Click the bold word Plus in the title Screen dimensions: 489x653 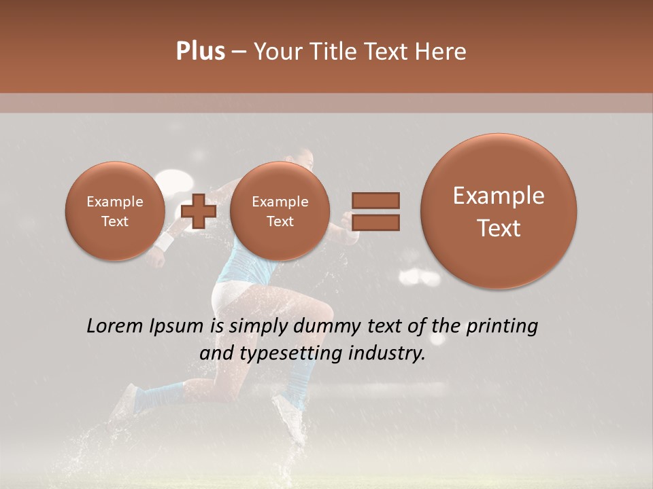(200, 52)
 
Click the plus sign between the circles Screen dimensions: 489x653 (198, 211)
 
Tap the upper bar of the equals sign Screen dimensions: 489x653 (375, 200)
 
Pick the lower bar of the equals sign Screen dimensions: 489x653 (375, 222)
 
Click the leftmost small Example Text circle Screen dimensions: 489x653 (114, 211)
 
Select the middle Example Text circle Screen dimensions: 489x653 (280, 211)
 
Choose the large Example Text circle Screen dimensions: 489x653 (499, 211)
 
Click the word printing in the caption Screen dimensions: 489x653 (501, 327)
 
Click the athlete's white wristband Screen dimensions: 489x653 (165, 241)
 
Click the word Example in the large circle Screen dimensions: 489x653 (499, 196)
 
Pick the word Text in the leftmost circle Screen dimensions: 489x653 (114, 221)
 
